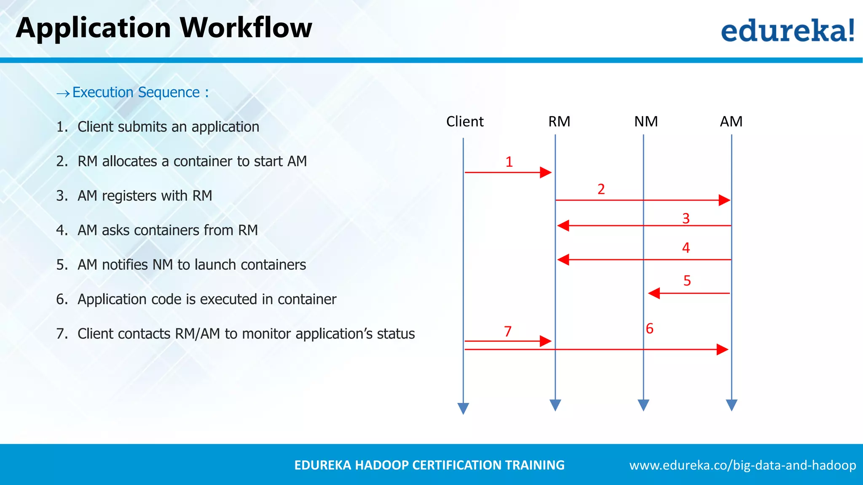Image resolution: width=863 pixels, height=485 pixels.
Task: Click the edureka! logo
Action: pyautogui.click(x=787, y=30)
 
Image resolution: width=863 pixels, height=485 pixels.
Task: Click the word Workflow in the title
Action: pyautogui.click(x=246, y=28)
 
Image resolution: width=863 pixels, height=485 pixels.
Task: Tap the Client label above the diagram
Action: pyautogui.click(x=465, y=122)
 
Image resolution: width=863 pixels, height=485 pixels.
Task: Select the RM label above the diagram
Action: pyautogui.click(x=559, y=122)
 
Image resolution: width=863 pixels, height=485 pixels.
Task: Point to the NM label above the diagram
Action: pyautogui.click(x=646, y=122)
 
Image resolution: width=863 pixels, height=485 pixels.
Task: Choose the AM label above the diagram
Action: pyautogui.click(x=731, y=122)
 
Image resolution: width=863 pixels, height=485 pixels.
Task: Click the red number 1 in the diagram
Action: pyautogui.click(x=509, y=162)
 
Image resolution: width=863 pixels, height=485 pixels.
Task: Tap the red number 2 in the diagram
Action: pyautogui.click(x=601, y=189)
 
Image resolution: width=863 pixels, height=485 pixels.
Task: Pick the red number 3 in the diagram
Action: pyautogui.click(x=686, y=219)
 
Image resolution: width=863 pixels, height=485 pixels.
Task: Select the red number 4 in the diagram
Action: pyautogui.click(x=686, y=248)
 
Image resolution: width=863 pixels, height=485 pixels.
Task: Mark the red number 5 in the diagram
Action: pyautogui.click(x=687, y=281)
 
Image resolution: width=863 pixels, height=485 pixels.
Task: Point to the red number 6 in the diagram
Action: pyautogui.click(x=650, y=329)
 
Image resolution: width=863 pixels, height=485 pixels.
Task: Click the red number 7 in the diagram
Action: pyautogui.click(x=508, y=332)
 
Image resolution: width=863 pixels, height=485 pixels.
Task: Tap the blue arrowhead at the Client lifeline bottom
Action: pyautogui.click(x=463, y=408)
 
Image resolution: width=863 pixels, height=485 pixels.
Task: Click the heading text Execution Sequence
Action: pyautogui.click(x=136, y=92)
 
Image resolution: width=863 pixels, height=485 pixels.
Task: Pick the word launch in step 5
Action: pyautogui.click(x=215, y=265)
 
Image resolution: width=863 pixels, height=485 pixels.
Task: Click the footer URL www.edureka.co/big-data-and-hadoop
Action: pyautogui.click(x=742, y=465)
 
